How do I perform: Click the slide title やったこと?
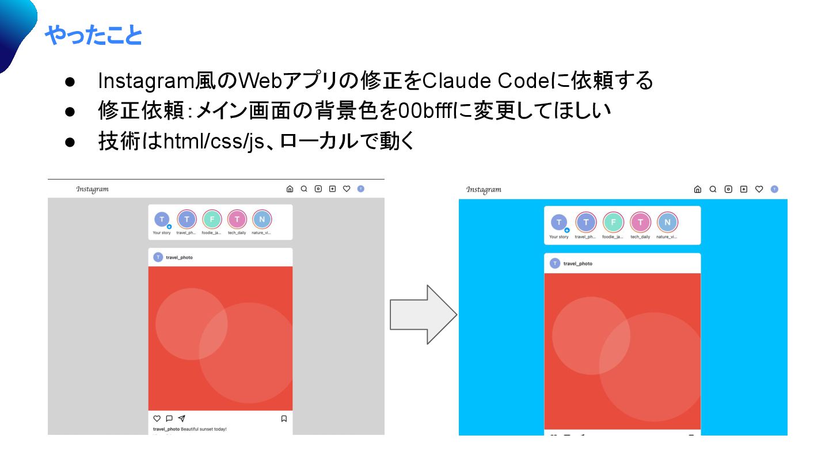pyautogui.click(x=93, y=36)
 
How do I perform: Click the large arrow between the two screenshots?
pyautogui.click(x=423, y=315)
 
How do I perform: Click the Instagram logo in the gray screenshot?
pyautogui.click(x=92, y=189)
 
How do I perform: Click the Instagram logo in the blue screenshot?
pyautogui.click(x=484, y=189)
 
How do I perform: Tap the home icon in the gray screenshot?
pyautogui.click(x=290, y=189)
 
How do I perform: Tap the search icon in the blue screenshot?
pyautogui.click(x=713, y=189)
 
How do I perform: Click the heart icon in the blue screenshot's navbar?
pyautogui.click(x=759, y=189)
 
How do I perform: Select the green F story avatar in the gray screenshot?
pyautogui.click(x=212, y=219)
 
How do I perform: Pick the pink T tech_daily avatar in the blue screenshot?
pyautogui.click(x=640, y=222)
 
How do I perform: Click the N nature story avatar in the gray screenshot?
pyautogui.click(x=262, y=219)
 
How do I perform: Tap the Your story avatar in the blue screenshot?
pyautogui.click(x=558, y=223)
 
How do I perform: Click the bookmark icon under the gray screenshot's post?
pyautogui.click(x=284, y=419)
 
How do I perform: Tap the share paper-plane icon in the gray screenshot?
pyautogui.click(x=182, y=419)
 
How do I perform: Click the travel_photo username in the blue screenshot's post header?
pyautogui.click(x=578, y=263)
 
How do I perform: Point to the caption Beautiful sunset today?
pyautogui.click(x=204, y=429)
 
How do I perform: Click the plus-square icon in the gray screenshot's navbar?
pyautogui.click(x=332, y=189)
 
